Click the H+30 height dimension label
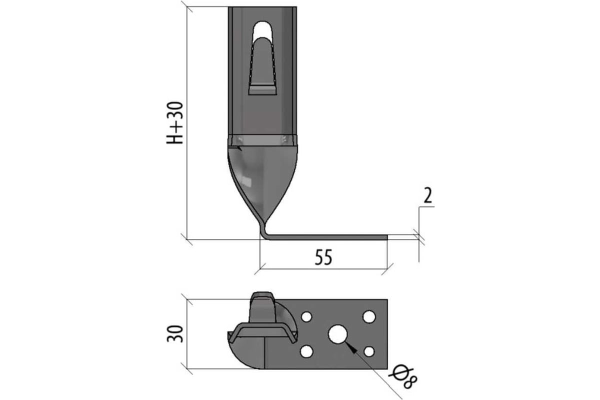click(x=175, y=123)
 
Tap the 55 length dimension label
click(x=323, y=257)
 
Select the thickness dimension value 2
click(x=428, y=195)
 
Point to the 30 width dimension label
click(x=175, y=334)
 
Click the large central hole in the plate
click(x=337, y=334)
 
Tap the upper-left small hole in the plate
click(x=306, y=316)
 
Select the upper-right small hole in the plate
click(x=369, y=316)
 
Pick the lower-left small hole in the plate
click(x=306, y=351)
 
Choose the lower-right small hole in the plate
click(x=369, y=351)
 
